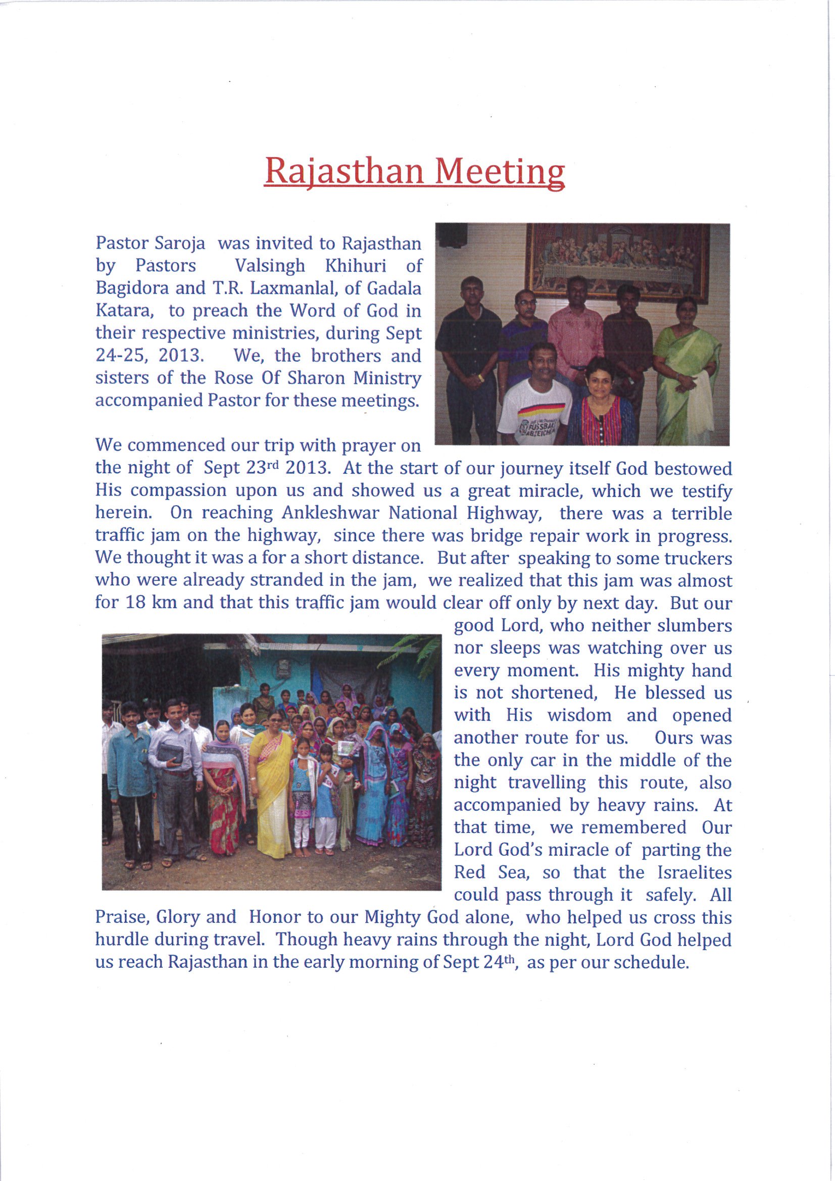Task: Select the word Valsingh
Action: click(x=270, y=265)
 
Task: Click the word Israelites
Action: click(x=694, y=872)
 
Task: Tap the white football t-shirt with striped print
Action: click(x=535, y=412)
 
